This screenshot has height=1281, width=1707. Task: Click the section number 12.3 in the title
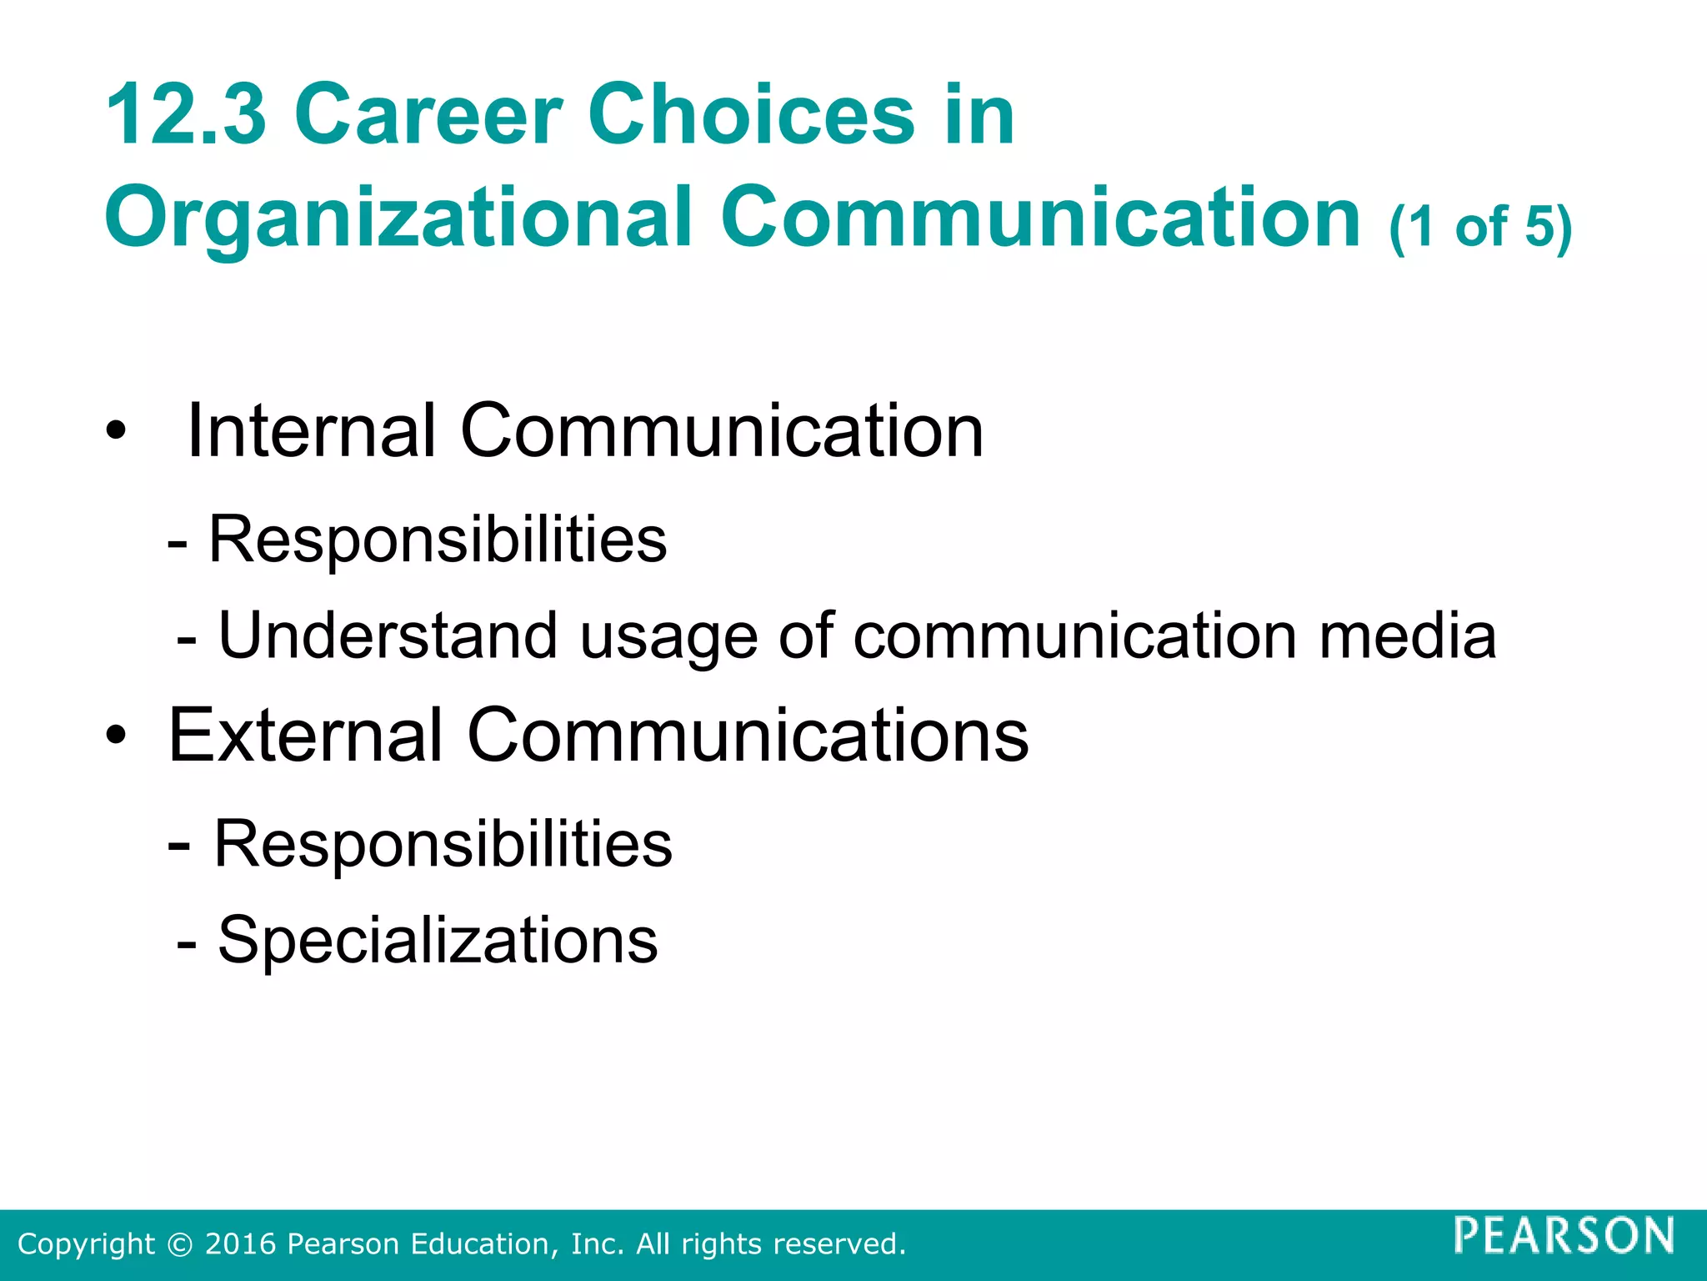(186, 115)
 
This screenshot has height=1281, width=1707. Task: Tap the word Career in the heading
(428, 115)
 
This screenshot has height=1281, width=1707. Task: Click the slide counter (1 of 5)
(1480, 227)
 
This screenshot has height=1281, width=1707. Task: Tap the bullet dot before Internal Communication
(116, 431)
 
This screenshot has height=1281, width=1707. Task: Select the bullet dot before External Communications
(116, 736)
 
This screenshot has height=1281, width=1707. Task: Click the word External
(305, 736)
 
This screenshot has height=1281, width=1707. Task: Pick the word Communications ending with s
(748, 736)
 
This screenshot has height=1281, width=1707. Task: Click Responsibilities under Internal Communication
(438, 540)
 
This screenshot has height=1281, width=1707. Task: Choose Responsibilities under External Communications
(443, 844)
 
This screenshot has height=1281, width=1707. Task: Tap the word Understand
(388, 636)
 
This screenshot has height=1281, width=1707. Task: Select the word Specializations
(438, 941)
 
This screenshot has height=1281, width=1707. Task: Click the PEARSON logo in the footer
(1564, 1235)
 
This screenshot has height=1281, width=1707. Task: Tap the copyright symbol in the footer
(179, 1244)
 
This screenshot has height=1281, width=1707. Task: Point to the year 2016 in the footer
(241, 1244)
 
